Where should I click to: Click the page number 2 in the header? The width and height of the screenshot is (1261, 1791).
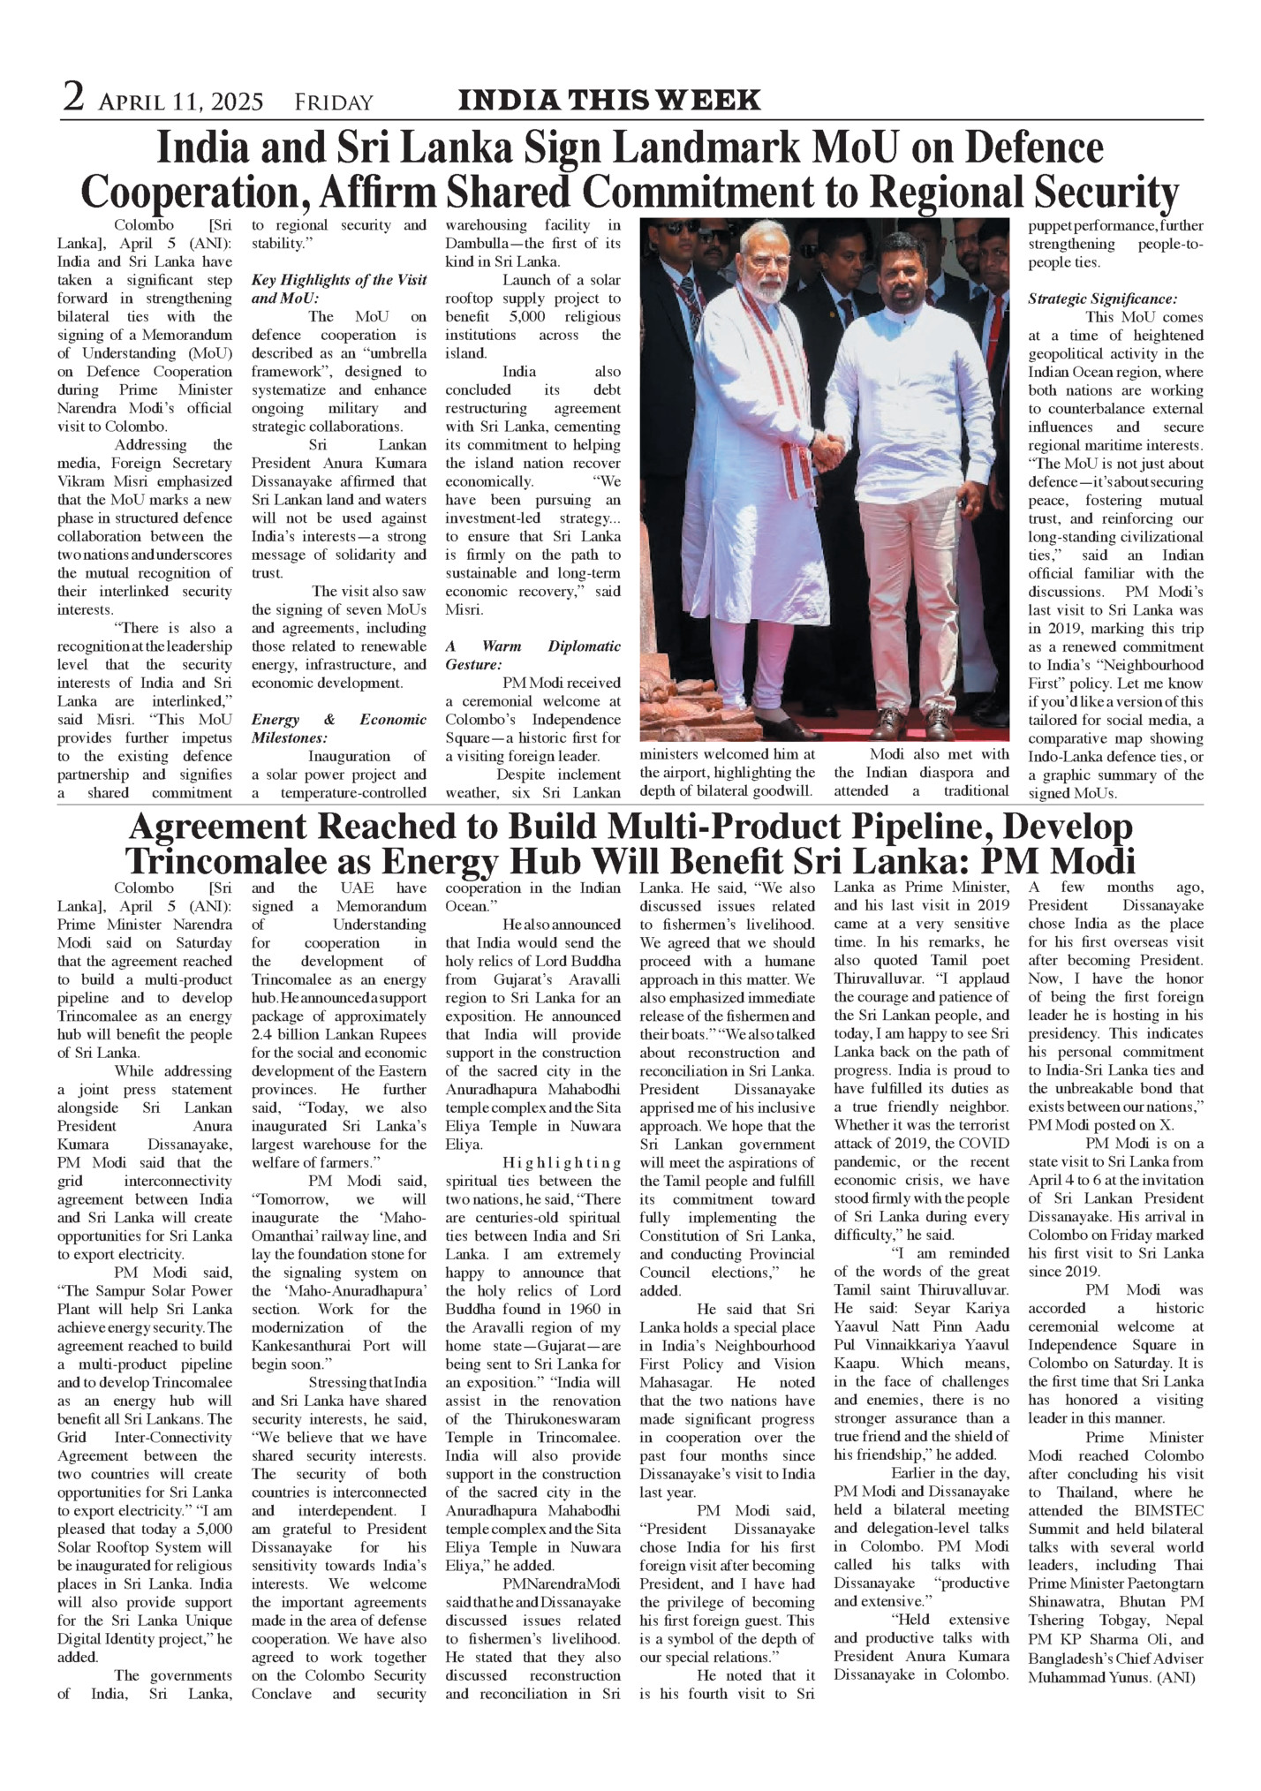(73, 97)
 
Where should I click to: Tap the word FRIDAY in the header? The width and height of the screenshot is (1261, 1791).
(334, 103)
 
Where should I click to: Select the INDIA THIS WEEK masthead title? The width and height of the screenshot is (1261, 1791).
(609, 100)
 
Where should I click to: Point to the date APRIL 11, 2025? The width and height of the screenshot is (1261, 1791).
(181, 103)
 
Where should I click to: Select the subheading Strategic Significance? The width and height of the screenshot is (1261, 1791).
(1102, 299)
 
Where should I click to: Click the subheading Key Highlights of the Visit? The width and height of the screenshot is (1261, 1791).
(339, 280)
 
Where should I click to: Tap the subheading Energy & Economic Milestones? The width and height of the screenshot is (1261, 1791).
(339, 729)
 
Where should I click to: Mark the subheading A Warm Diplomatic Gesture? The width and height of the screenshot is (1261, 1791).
(532, 655)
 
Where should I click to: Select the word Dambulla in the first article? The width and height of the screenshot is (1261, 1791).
(480, 243)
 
